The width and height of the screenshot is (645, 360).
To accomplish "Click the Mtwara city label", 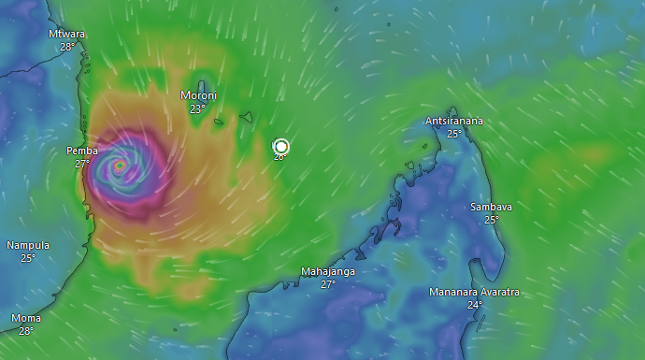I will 67,34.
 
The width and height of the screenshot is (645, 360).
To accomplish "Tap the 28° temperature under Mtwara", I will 67,47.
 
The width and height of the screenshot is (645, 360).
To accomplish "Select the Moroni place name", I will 198,95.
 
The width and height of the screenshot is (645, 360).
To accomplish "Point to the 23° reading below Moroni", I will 198,108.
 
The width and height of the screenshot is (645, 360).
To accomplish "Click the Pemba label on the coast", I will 82,151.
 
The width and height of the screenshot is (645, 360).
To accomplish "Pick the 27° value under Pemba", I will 82,164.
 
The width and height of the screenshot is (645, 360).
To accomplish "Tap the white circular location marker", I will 280,146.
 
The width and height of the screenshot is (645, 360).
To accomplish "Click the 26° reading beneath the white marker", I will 279,158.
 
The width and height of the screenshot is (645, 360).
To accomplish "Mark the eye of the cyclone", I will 120,166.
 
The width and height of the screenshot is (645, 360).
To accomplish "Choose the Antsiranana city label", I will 454,121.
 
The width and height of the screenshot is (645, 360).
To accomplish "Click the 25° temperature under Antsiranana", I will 454,134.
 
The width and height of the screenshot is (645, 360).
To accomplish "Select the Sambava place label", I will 491,207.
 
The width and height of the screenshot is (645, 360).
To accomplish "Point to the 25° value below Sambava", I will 491,220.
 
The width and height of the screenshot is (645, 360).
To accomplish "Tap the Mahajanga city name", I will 328,271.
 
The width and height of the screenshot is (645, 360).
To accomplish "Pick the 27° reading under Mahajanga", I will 328,284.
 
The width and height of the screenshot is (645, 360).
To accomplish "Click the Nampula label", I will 28,245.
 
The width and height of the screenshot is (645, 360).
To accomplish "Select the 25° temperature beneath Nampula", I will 28,258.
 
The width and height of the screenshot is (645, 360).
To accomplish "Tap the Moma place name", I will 26,318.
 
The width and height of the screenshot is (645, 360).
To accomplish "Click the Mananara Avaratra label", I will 474,292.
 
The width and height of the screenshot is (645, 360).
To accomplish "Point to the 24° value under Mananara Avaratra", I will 474,305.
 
